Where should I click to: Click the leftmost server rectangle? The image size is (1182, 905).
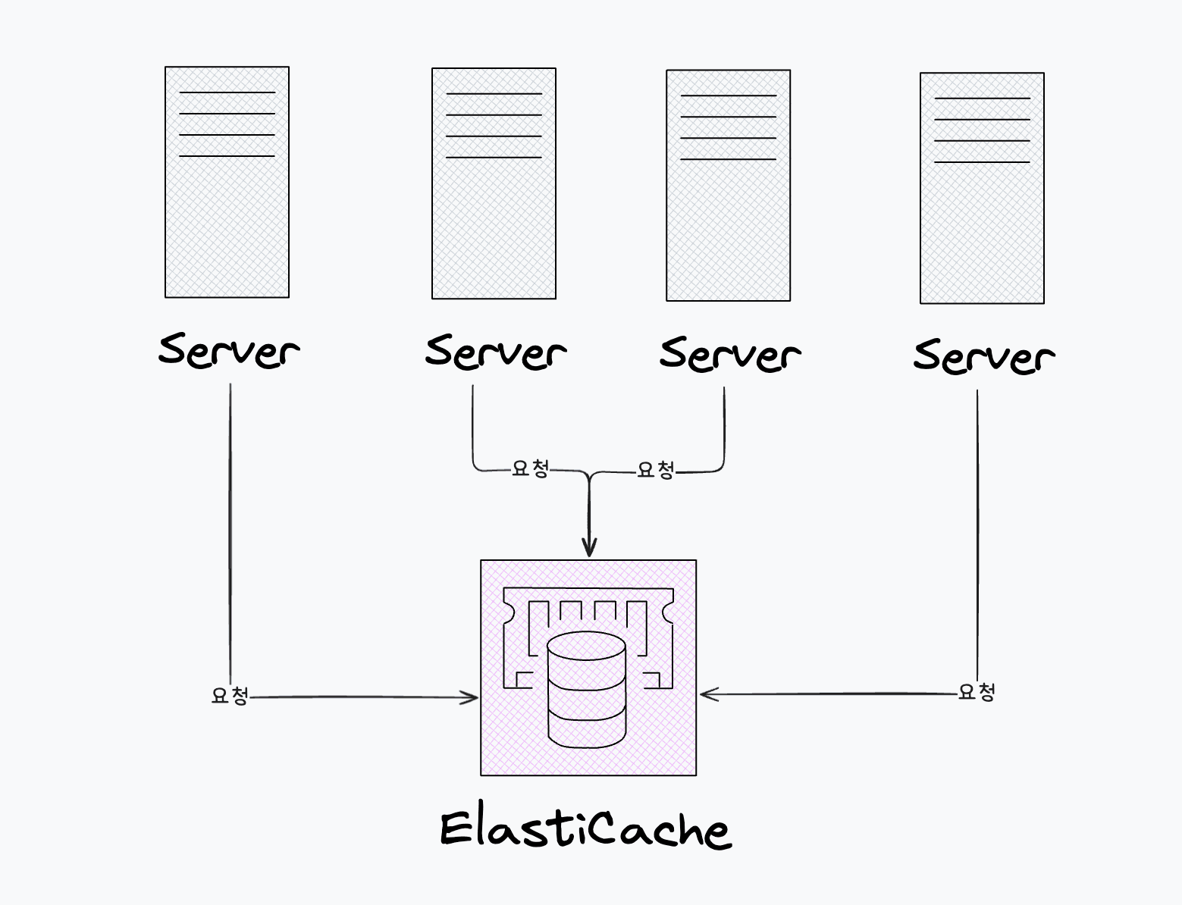pos(227,220)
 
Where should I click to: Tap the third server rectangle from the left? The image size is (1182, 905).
pos(728,224)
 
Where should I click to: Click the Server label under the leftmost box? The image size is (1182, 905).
pos(228,350)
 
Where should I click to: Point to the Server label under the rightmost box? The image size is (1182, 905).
pos(983,355)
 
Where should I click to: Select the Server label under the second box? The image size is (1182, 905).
pos(495,352)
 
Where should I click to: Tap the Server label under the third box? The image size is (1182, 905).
pos(729,353)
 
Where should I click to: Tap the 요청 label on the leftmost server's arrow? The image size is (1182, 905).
pos(230,695)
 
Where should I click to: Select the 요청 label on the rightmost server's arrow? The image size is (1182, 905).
pos(977,691)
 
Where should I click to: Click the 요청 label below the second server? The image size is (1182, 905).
pos(530,468)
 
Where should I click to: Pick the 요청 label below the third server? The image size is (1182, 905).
pos(655,470)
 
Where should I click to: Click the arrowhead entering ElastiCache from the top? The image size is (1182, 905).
pos(589,549)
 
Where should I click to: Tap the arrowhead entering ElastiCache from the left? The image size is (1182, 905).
pos(472,697)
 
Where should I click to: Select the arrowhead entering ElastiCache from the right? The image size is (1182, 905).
pos(707,694)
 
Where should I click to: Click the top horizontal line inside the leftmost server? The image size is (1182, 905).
pos(227,92)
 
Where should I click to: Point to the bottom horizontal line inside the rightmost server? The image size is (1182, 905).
pos(982,162)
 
